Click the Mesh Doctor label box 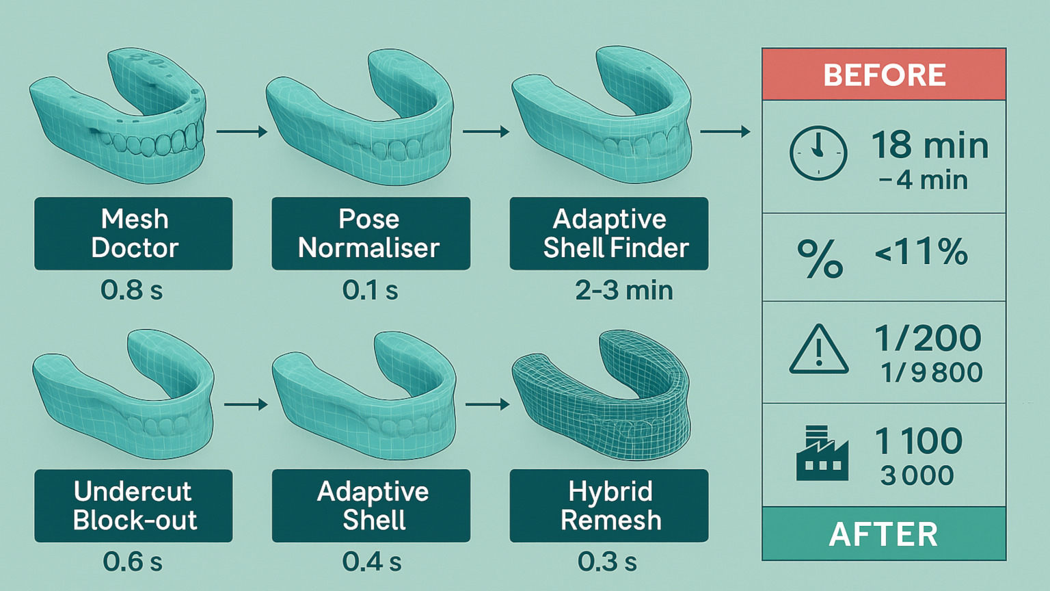[x=133, y=233]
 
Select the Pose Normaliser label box [x=371, y=233]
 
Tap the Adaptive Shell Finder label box [x=608, y=233]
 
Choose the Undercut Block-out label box [x=133, y=505]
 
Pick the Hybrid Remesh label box [x=608, y=505]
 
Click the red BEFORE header [x=884, y=75]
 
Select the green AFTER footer [x=884, y=534]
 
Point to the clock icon [x=818, y=153]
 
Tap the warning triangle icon [x=818, y=350]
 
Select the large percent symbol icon [x=820, y=258]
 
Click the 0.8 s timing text [x=132, y=290]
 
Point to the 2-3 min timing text [x=623, y=290]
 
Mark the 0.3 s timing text [x=607, y=562]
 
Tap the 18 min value [x=930, y=145]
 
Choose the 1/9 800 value [x=931, y=373]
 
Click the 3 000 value [x=917, y=475]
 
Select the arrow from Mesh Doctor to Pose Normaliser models [x=241, y=131]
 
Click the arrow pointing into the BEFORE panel [x=725, y=131]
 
